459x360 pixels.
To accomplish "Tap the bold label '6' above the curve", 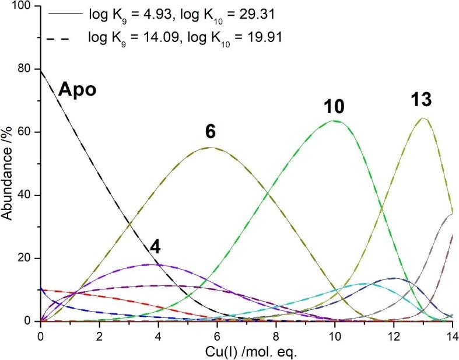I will tap(211, 132).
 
